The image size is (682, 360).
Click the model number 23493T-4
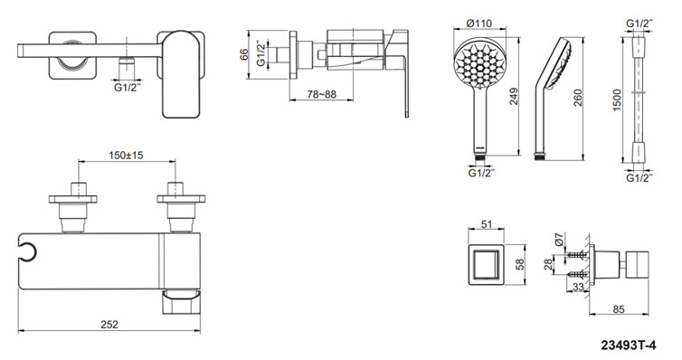point(629,346)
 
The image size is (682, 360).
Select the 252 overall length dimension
point(109,325)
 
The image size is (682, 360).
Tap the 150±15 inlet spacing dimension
point(126,155)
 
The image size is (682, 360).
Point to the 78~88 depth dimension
point(322,94)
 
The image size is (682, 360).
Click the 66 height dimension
point(244,54)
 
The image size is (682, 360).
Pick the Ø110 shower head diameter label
point(478,23)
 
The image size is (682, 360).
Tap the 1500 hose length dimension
point(617,100)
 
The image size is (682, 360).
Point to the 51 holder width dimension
point(487,224)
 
